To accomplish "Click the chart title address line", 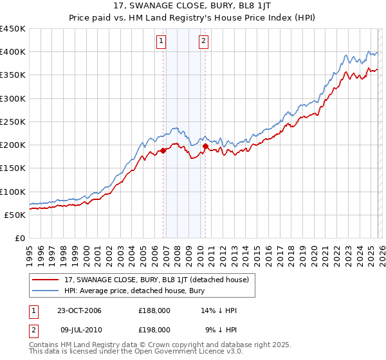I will [192, 6].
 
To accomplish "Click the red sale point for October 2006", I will [163, 150].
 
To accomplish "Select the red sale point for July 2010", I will [205, 146].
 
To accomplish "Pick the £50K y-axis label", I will [15, 215].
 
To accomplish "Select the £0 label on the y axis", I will [21, 239].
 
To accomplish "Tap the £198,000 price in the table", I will [154, 329].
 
